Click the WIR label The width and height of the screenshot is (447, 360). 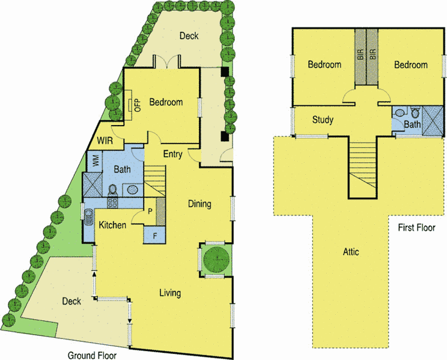pyautogui.click(x=106, y=142)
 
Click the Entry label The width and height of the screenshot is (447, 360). pyautogui.click(x=173, y=154)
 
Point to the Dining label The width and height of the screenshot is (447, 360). pyautogui.click(x=199, y=204)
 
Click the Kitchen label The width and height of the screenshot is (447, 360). pyautogui.click(x=113, y=225)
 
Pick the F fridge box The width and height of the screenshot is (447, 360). pyautogui.click(x=155, y=234)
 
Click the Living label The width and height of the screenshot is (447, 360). pyautogui.click(x=170, y=293)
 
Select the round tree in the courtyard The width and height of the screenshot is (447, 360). pyautogui.click(x=216, y=260)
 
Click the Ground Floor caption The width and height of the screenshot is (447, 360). pyautogui.click(x=91, y=355)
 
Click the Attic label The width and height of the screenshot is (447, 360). pyautogui.click(x=351, y=252)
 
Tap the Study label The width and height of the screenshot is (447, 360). pyautogui.click(x=323, y=120)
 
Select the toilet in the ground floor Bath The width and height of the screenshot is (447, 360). pyautogui.click(x=112, y=190)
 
